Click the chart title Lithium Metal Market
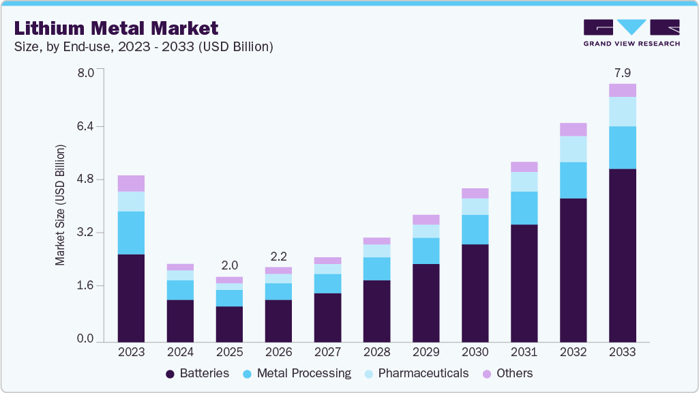(117, 28)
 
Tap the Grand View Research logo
(631, 32)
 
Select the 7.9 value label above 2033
(622, 72)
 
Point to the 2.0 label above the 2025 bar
(229, 265)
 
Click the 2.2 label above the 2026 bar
(278, 256)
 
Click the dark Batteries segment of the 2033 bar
(622, 255)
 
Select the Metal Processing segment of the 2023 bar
(131, 233)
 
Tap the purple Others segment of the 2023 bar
(131, 184)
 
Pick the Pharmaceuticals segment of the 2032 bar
(573, 149)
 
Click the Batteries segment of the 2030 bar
(475, 293)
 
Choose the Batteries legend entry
(198, 373)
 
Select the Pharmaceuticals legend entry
(416, 373)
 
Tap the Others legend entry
(508, 373)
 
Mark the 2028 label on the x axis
(376, 352)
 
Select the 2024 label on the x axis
(180, 352)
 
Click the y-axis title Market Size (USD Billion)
(61, 205)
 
